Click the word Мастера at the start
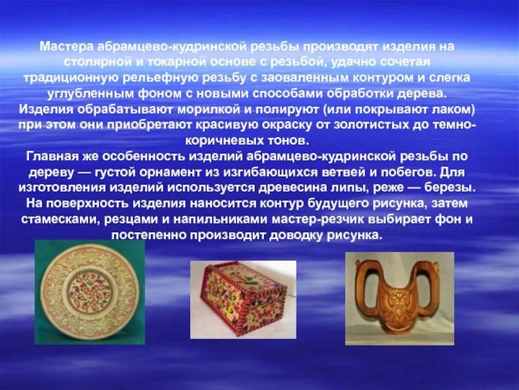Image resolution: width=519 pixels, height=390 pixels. pyautogui.click(x=66, y=47)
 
